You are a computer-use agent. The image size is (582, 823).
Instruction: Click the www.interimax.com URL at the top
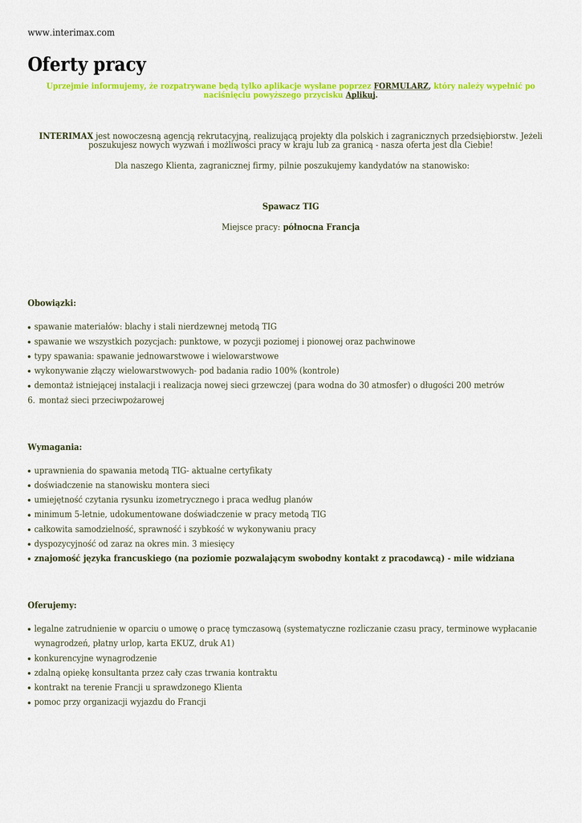71,33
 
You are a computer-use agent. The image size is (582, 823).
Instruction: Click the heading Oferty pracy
87,65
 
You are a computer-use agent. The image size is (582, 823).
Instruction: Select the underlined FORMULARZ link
401,86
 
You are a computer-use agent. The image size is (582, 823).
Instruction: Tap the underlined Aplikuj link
360,95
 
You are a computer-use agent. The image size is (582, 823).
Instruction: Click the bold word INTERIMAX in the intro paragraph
66,136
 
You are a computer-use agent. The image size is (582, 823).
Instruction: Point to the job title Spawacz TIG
291,207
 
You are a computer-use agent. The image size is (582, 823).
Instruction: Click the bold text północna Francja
321,227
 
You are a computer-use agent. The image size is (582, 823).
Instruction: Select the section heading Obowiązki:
52,303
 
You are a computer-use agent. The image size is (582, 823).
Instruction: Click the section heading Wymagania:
55,447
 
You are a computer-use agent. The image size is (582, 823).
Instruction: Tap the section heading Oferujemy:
52,605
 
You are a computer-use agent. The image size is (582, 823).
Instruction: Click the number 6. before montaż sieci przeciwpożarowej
31,400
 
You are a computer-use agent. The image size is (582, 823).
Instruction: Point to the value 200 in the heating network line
463,386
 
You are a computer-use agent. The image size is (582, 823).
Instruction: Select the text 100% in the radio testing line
284,371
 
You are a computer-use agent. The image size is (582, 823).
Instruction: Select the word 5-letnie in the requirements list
89,514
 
